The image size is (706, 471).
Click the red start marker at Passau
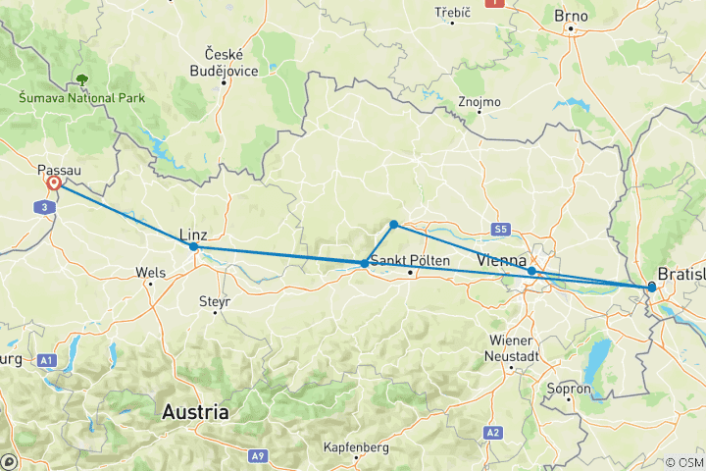(53, 183)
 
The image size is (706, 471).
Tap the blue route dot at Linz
(193, 247)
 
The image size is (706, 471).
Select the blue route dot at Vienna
(531, 271)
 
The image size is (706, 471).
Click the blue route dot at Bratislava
(651, 287)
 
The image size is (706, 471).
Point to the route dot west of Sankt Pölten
(365, 263)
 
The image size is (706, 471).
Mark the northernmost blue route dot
(393, 225)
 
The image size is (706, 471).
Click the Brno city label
(571, 16)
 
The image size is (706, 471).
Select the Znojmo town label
(479, 101)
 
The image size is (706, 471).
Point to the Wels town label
(149, 271)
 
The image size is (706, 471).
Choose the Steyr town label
(214, 301)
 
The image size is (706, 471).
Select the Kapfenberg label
(356, 447)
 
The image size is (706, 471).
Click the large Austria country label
(196, 411)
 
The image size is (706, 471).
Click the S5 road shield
(501, 230)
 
